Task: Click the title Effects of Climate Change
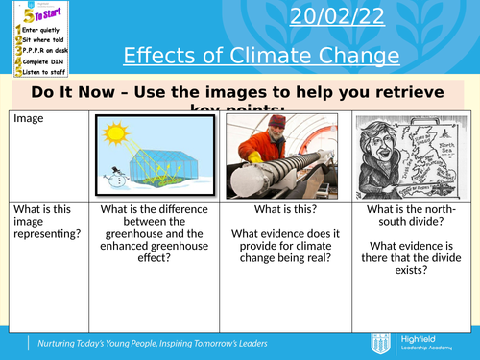click(x=261, y=57)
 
